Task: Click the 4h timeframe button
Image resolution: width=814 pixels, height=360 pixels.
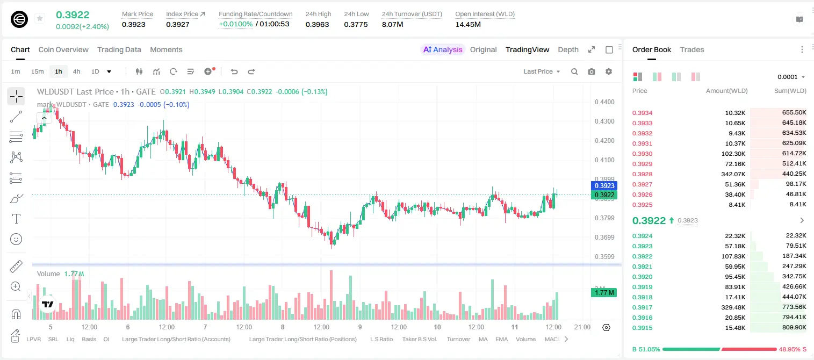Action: [76, 71]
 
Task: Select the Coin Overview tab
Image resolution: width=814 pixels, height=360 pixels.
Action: [63, 49]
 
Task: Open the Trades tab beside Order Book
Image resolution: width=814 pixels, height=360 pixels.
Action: [692, 49]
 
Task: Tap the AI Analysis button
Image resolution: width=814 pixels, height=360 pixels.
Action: [443, 49]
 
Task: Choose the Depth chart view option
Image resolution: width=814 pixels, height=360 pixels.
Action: [568, 49]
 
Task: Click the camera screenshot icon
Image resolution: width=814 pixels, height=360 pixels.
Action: [592, 71]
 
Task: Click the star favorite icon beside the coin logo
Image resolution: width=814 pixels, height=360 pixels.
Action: [40, 18]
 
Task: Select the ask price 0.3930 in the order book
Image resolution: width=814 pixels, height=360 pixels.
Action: [642, 154]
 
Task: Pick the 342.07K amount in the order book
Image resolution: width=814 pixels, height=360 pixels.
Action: [733, 174]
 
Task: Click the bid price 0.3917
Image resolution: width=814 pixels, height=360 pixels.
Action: [642, 307]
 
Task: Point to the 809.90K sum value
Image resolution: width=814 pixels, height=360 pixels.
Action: [794, 327]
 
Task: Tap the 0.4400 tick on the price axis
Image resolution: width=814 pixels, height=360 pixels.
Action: [604, 102]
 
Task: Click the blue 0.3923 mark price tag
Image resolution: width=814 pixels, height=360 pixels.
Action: [604, 185]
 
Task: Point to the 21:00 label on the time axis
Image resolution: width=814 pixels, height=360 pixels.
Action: [582, 327]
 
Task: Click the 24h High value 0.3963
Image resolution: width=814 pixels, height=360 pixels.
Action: [317, 24]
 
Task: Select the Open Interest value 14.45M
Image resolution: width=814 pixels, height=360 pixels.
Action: [468, 24]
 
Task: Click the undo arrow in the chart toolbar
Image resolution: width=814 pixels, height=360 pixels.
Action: [234, 71]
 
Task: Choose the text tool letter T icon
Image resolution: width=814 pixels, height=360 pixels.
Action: [16, 219]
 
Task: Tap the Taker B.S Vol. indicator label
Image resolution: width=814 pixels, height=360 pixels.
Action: [420, 339]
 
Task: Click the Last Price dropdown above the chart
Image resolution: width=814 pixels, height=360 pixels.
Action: [542, 71]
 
